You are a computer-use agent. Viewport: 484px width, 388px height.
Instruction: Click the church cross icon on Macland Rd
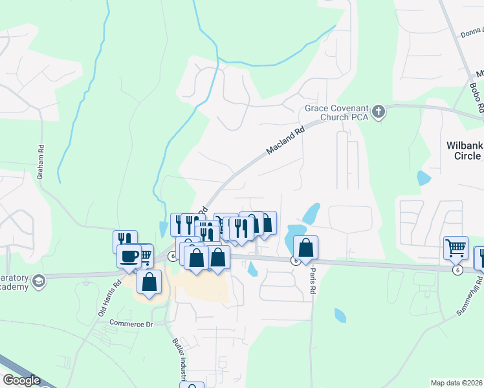point(379,113)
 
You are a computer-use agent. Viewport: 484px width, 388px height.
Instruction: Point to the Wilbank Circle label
point(464,151)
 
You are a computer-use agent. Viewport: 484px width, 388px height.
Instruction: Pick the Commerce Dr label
point(130,323)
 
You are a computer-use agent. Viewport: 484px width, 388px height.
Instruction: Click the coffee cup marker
point(129,257)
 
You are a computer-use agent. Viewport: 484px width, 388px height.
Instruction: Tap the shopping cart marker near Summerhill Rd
point(456,248)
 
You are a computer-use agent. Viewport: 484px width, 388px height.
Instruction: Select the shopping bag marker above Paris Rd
point(306,248)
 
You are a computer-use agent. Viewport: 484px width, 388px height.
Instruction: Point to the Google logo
point(21,380)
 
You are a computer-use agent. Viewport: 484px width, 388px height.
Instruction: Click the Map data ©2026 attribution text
point(457,383)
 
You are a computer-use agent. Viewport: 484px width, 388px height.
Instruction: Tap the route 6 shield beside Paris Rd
point(295,261)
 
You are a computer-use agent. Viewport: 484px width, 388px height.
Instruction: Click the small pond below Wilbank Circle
point(424,178)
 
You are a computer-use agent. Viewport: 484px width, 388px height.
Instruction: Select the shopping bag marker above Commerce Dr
point(149,282)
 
